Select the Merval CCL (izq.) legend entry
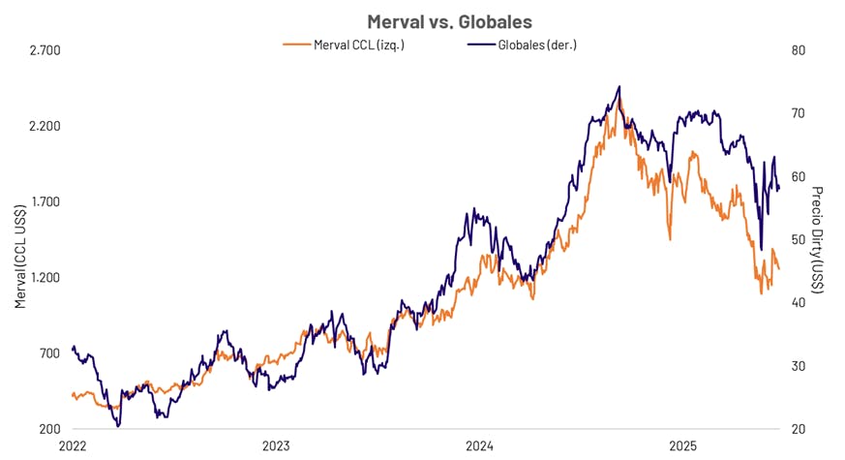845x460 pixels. pos(344,45)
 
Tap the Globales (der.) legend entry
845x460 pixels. pos(523,45)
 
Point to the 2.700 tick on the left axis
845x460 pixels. pos(44,50)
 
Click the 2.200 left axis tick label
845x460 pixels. pos(44,126)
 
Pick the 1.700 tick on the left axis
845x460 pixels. pos(44,201)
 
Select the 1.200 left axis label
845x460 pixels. pos(44,277)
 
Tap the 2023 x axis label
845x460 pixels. pos(276,446)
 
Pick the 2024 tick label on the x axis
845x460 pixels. pos(480,446)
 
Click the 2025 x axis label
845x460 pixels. pos(684,446)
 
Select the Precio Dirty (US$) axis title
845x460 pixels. pos(817,240)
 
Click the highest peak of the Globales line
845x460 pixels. pos(619,87)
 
